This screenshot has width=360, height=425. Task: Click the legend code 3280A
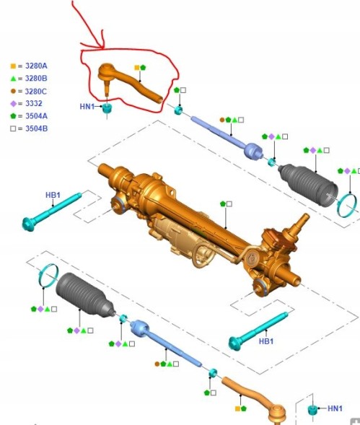coord(36,66)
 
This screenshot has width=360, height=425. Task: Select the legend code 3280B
coord(36,79)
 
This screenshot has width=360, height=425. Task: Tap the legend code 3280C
coord(36,92)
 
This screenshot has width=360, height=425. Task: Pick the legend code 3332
coord(34,103)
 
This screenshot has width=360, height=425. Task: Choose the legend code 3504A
coord(36,116)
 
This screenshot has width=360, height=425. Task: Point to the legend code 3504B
coord(36,128)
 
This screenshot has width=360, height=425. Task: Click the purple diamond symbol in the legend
coord(13,103)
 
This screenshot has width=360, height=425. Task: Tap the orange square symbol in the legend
coord(13,66)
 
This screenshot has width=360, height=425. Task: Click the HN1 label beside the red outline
coord(87,107)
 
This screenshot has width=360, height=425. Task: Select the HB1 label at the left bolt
coord(53,195)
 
